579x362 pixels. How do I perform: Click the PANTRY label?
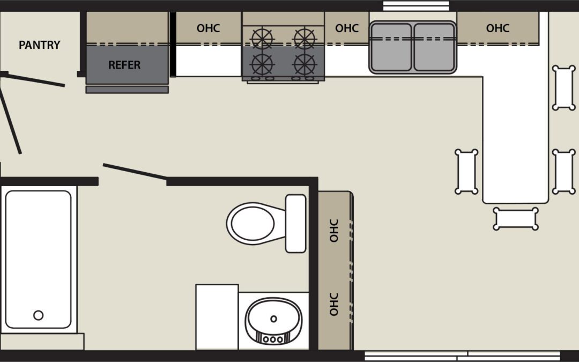pos(40,45)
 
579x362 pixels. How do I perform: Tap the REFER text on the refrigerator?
pos(124,65)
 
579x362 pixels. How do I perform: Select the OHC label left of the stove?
pos(208,28)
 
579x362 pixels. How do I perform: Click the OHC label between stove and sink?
pos(347,28)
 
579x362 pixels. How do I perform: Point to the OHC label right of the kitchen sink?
pos(498,28)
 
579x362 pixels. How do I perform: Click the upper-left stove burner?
pos(262,38)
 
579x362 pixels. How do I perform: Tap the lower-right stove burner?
pos(305,65)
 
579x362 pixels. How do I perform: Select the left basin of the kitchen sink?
pos(391,47)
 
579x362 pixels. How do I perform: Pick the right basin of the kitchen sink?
pos(434,47)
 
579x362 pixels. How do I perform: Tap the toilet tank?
pos(296,224)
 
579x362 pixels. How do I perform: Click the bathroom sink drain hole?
pos(273,319)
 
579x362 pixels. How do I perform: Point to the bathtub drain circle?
pos(39,315)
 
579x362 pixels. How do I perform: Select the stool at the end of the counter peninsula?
pos(516,219)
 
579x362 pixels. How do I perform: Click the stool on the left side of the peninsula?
pos(466,172)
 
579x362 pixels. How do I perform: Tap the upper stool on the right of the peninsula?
pos(564,87)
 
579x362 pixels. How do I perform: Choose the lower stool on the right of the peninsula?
pos(564,172)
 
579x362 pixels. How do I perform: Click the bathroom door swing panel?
pos(135,172)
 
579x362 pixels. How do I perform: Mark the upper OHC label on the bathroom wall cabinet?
pos(334,231)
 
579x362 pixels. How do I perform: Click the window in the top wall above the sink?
pos(416,6)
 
